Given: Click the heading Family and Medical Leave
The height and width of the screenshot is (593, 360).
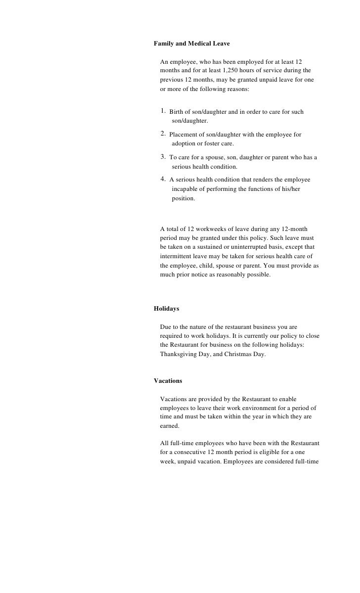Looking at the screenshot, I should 191,44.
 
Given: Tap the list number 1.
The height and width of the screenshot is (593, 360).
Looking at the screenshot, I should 164,111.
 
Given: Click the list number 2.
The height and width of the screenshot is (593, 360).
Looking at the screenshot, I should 164,134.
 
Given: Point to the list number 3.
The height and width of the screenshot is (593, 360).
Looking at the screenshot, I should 164,157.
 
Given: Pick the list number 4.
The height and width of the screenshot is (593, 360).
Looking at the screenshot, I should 164,180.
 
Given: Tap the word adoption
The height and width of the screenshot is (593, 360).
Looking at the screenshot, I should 184,143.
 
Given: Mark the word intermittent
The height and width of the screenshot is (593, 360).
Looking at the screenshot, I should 177,256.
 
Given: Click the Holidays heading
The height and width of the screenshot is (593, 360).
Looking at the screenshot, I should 166,309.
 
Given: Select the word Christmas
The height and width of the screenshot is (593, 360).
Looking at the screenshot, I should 238,354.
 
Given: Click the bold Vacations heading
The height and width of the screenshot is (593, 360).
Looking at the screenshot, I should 168,381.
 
